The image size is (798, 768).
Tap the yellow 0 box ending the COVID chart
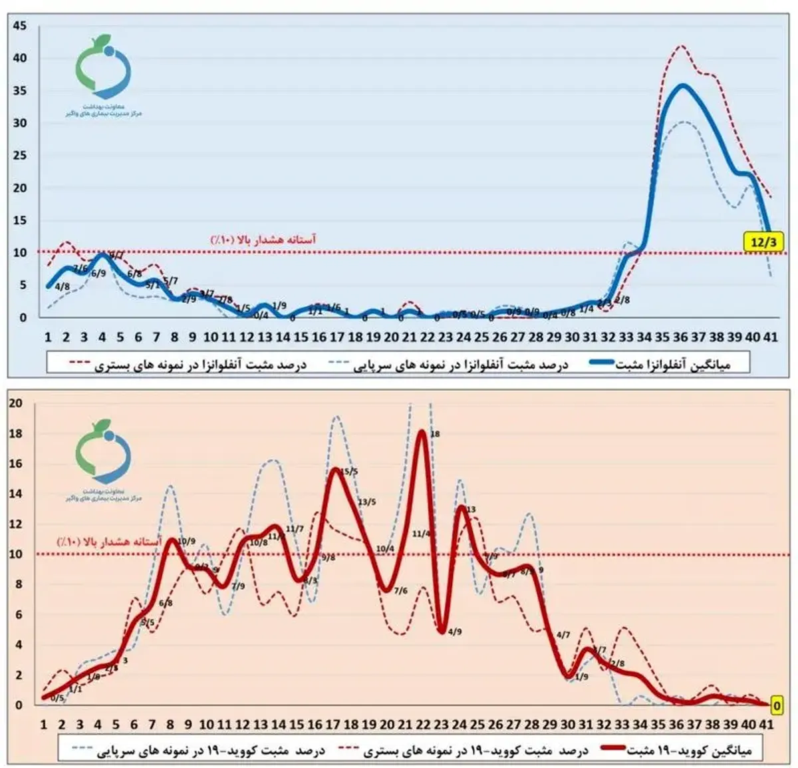pyautogui.click(x=776, y=703)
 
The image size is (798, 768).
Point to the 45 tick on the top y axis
pyautogui.click(x=20, y=26)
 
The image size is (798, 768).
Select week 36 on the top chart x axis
pyautogui.click(x=680, y=337)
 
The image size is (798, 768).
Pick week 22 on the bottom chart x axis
pyautogui.click(x=422, y=724)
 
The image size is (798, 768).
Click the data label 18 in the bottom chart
pyautogui.click(x=436, y=434)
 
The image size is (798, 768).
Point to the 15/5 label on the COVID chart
pyautogui.click(x=349, y=471)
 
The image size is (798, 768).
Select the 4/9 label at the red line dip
pyautogui.click(x=455, y=632)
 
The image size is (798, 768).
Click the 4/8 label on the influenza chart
pyautogui.click(x=63, y=287)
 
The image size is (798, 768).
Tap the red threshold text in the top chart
pyautogui.click(x=263, y=239)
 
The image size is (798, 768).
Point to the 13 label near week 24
pyautogui.click(x=471, y=510)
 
